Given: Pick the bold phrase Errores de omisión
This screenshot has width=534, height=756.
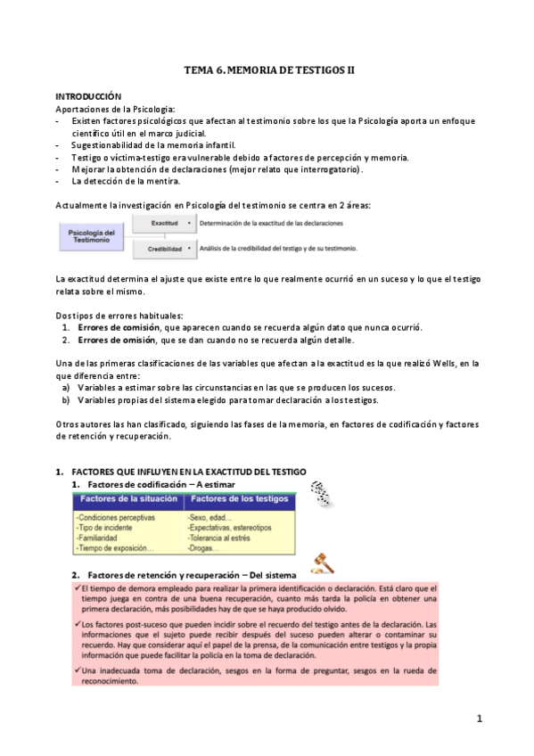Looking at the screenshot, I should point(117,340).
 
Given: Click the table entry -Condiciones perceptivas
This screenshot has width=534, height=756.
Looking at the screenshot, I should point(116,516).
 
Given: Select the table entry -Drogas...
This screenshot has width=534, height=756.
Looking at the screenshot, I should point(203,548).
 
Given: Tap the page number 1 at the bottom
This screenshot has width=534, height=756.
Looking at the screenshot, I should point(478,719).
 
